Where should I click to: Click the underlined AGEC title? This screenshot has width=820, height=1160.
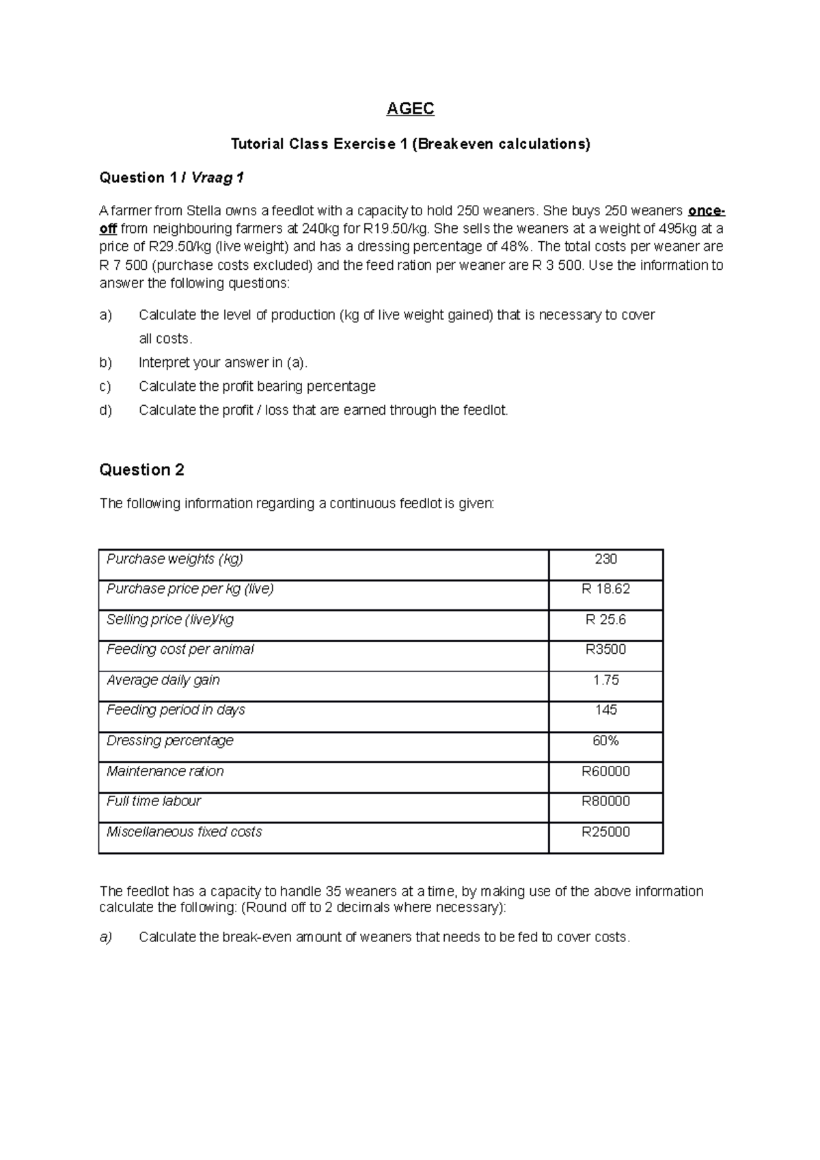click(x=410, y=109)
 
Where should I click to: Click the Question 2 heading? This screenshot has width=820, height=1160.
click(x=142, y=470)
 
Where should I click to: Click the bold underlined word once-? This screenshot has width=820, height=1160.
click(x=706, y=210)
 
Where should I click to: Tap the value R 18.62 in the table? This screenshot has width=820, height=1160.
click(x=605, y=589)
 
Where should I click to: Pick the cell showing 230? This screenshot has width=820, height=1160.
click(x=605, y=559)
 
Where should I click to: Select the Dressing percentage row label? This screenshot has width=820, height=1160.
click(x=170, y=741)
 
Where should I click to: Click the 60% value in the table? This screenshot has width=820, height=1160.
click(x=605, y=741)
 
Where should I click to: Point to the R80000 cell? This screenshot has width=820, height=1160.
click(x=605, y=801)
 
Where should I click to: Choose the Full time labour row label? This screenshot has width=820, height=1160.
click(x=154, y=801)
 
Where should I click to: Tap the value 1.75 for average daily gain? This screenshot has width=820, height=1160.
click(x=605, y=680)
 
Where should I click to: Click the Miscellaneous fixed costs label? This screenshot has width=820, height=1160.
click(x=184, y=831)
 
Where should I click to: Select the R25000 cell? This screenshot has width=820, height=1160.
click(x=605, y=831)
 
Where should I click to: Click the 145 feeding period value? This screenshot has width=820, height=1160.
click(x=605, y=710)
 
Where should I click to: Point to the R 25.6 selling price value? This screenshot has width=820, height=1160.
click(x=605, y=620)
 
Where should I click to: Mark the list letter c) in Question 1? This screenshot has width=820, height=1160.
click(x=105, y=387)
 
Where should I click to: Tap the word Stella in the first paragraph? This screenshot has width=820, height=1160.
click(x=204, y=210)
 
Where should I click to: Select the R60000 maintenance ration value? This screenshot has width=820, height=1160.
click(x=605, y=771)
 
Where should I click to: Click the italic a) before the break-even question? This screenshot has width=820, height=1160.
click(x=105, y=937)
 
